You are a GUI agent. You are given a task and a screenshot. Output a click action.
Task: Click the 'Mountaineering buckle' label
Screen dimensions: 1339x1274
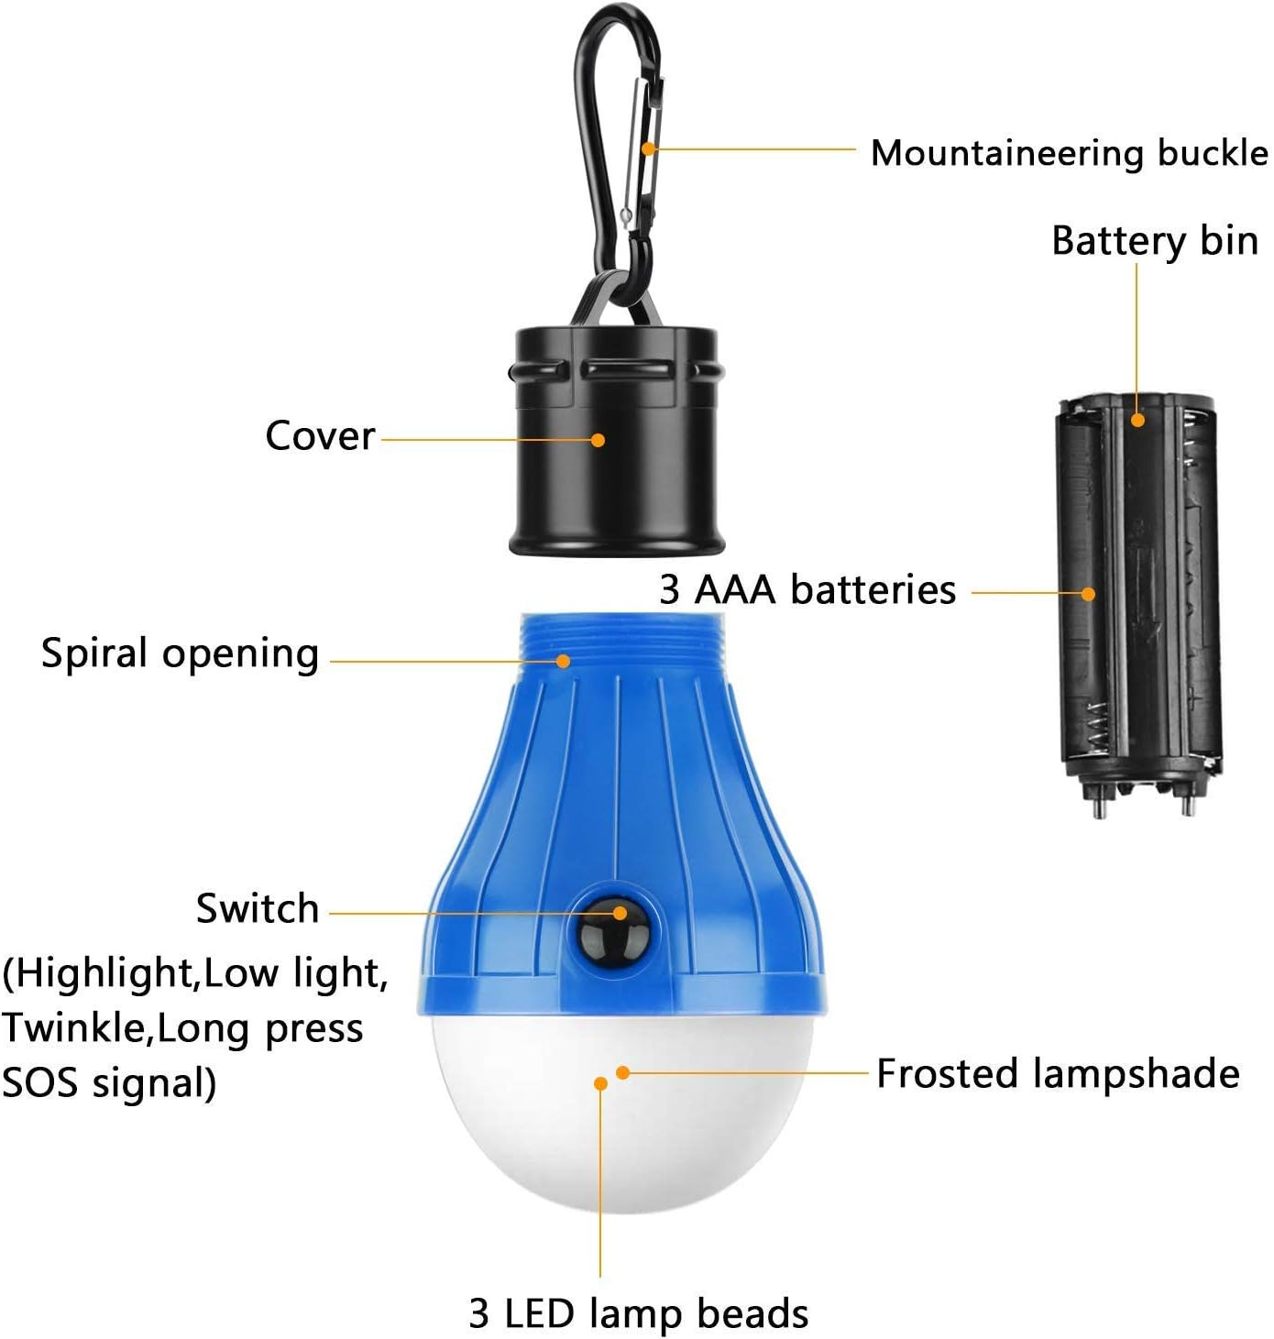pos(1069,153)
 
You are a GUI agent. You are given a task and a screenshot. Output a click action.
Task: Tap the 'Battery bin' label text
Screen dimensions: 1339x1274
pos(1154,241)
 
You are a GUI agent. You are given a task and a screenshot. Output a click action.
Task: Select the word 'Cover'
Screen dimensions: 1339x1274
pos(320,435)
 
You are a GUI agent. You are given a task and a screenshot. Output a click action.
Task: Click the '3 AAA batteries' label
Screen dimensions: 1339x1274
pos(807,589)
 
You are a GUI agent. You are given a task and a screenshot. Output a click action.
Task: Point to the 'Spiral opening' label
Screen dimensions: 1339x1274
pos(180,654)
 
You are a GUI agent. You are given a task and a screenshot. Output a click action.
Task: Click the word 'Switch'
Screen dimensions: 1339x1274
pos(258,908)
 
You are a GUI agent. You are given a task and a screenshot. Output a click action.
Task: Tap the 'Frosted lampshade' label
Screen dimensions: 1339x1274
pos(1058,1073)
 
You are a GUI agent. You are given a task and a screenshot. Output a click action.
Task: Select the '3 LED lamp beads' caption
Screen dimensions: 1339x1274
pos(638,1312)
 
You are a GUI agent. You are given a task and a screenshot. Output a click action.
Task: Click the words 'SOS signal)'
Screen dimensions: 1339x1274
pos(108,1082)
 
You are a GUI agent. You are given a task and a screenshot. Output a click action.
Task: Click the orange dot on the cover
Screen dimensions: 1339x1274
pos(598,440)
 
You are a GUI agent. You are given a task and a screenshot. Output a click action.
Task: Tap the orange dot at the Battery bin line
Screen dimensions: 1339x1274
pos(1137,421)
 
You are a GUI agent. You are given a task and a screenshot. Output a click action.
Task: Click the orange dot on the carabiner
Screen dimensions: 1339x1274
pos(647,148)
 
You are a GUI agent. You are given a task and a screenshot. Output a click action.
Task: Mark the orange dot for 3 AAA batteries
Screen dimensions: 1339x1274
pos(1088,594)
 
